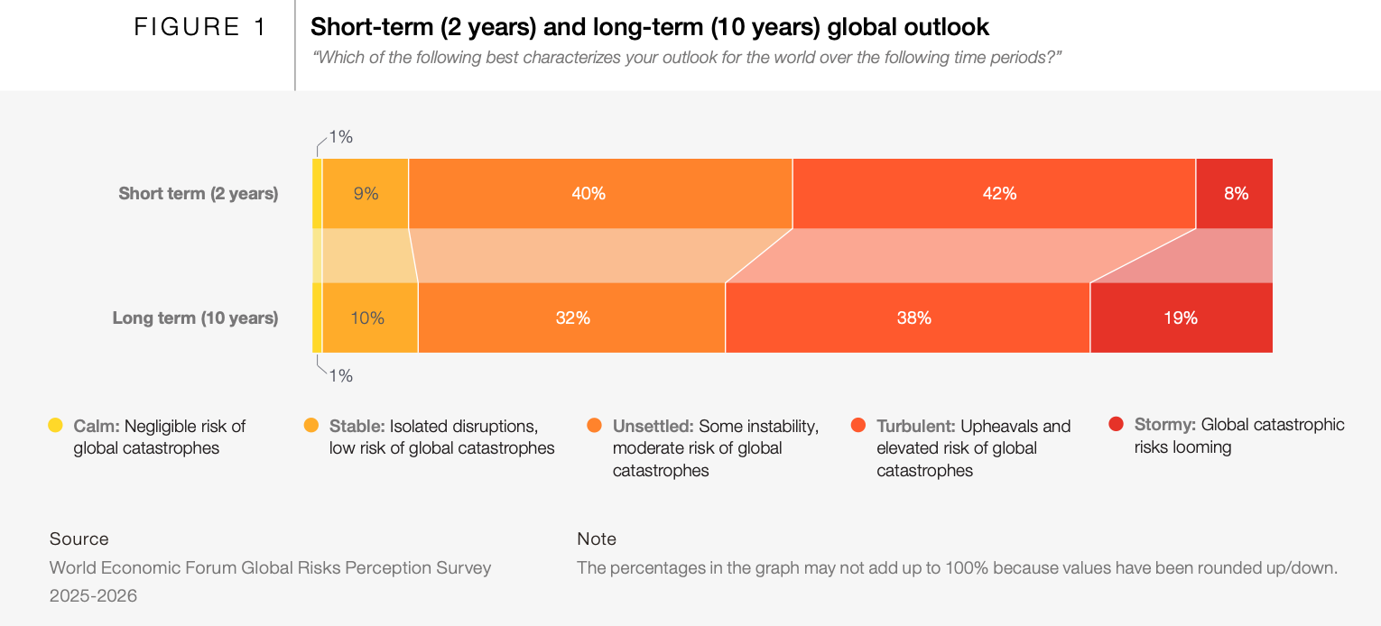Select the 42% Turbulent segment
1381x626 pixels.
coord(994,193)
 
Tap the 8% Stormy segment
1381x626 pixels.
coord(1235,193)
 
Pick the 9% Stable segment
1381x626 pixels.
coord(366,193)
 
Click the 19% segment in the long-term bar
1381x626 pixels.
coord(1181,318)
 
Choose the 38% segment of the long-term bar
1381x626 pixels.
coord(908,318)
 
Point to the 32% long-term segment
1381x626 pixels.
coord(572,318)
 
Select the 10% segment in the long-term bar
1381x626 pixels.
coord(368,318)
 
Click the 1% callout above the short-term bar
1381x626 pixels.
coord(340,137)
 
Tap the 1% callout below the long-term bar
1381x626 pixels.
coord(340,376)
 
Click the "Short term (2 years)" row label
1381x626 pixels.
coord(198,193)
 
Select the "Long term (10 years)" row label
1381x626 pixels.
coord(195,318)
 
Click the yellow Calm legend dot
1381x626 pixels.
coord(55,425)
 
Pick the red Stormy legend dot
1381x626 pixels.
coord(1116,424)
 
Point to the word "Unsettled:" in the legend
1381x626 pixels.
coord(653,426)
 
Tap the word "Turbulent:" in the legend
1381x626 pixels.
coord(916,426)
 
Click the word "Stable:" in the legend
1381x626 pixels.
coord(357,426)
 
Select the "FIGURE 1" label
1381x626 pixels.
coord(200,28)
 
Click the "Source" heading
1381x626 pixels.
coord(79,539)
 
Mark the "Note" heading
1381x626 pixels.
coord(597,539)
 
